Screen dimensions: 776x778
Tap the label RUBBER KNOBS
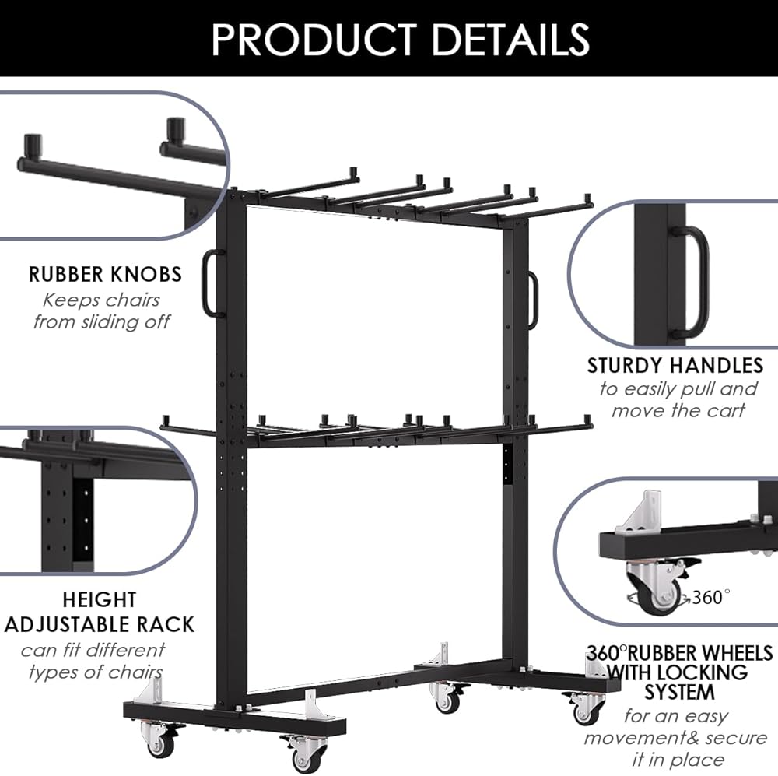[105, 274]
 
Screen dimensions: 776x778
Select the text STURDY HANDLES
[675, 365]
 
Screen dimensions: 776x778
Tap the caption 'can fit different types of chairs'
[93, 660]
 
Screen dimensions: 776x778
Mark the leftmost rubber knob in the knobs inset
[32, 145]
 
